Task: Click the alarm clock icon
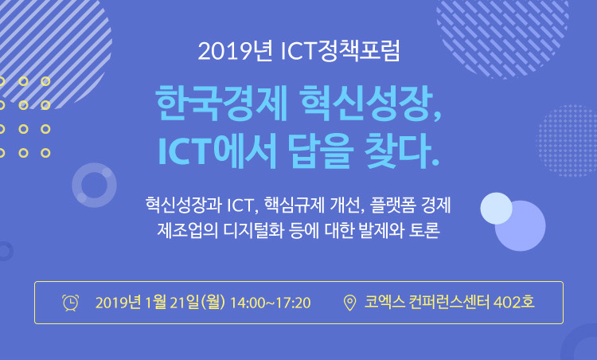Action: point(70,303)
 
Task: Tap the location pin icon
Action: point(349,303)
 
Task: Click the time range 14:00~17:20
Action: point(271,303)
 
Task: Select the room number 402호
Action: point(513,302)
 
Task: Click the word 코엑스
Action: point(384,302)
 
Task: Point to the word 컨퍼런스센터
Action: point(449,302)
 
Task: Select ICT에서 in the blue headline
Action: point(217,151)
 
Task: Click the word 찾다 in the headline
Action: point(397,151)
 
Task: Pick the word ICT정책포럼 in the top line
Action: point(340,51)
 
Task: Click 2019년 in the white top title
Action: point(235,52)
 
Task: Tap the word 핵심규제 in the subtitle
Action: point(295,205)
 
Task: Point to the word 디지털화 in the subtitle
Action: point(253,230)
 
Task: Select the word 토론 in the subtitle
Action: point(424,230)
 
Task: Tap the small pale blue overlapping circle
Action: point(496,209)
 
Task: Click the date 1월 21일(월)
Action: point(185,303)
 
